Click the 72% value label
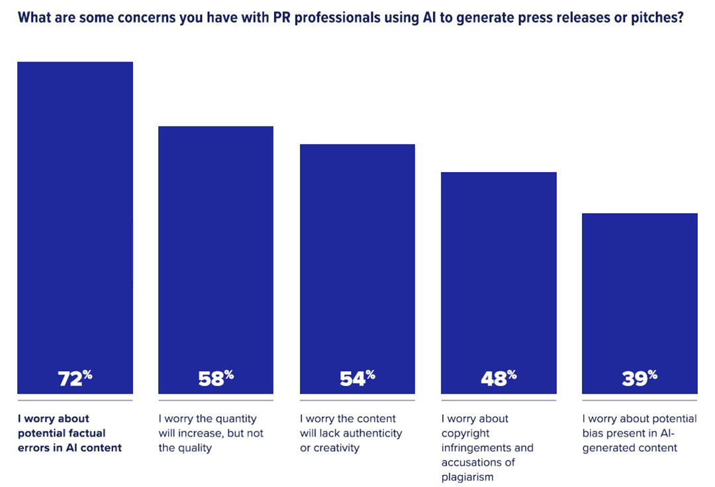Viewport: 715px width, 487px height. pyautogui.click(x=75, y=378)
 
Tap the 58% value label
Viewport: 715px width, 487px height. pyautogui.click(x=216, y=378)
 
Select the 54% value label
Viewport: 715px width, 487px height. pyautogui.click(x=358, y=378)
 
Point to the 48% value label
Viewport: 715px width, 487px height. pyautogui.click(x=499, y=378)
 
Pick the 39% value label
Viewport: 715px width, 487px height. pyautogui.click(x=640, y=378)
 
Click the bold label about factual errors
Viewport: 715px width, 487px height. pyautogui.click(x=70, y=433)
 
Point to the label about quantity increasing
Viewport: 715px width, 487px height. pyautogui.click(x=211, y=433)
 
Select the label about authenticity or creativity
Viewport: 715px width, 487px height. pyautogui.click(x=351, y=433)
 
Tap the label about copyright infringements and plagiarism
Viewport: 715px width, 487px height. pyautogui.click(x=487, y=448)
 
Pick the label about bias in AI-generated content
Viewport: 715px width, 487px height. pyautogui.click(x=640, y=433)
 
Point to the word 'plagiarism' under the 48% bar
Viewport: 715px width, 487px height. pyautogui.click(x=469, y=477)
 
